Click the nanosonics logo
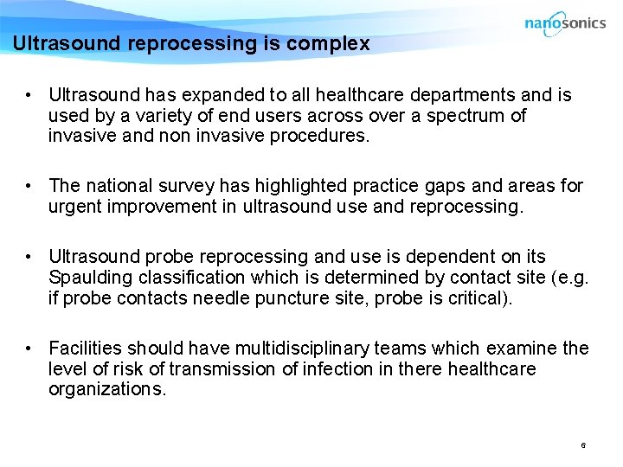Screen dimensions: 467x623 564,23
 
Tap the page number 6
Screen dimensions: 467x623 583,445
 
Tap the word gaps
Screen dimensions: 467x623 391,186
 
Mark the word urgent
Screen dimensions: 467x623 75,207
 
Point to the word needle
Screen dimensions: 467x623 237,298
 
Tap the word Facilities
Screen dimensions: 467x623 85,349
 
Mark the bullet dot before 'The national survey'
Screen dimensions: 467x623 29,186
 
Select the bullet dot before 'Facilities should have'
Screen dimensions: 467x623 29,349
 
